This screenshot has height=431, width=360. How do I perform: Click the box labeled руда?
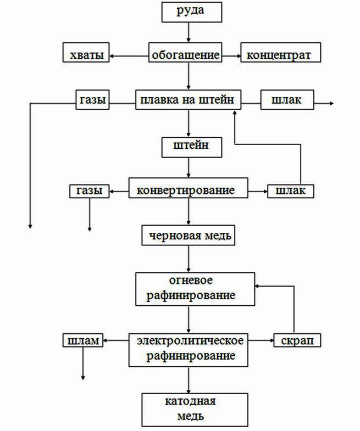click(192, 13)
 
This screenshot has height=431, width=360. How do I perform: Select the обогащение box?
click(185, 52)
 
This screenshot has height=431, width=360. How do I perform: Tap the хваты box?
click(86, 52)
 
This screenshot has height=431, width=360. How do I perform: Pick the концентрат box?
click(281, 52)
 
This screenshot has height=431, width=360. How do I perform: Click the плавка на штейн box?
click(189, 99)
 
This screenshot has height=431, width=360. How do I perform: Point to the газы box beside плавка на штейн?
click(92, 99)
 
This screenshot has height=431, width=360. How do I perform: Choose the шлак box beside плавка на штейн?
click(287, 99)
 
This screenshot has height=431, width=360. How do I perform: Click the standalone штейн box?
click(192, 147)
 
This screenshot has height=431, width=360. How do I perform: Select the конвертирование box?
click(189, 188)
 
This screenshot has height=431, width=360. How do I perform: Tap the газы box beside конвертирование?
click(90, 191)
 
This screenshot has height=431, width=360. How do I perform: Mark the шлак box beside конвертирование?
click(291, 191)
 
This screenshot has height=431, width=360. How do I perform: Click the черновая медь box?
click(189, 236)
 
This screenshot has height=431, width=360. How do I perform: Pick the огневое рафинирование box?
click(195, 289)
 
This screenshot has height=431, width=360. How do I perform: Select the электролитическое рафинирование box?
click(189, 350)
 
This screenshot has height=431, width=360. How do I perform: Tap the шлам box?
click(83, 340)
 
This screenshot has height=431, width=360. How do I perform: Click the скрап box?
click(297, 340)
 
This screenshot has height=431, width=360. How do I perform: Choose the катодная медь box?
click(195, 410)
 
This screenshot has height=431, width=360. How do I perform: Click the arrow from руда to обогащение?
click(189, 32)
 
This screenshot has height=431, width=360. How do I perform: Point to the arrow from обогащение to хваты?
click(129, 57)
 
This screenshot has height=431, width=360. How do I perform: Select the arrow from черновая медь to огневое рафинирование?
click(189, 259)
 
